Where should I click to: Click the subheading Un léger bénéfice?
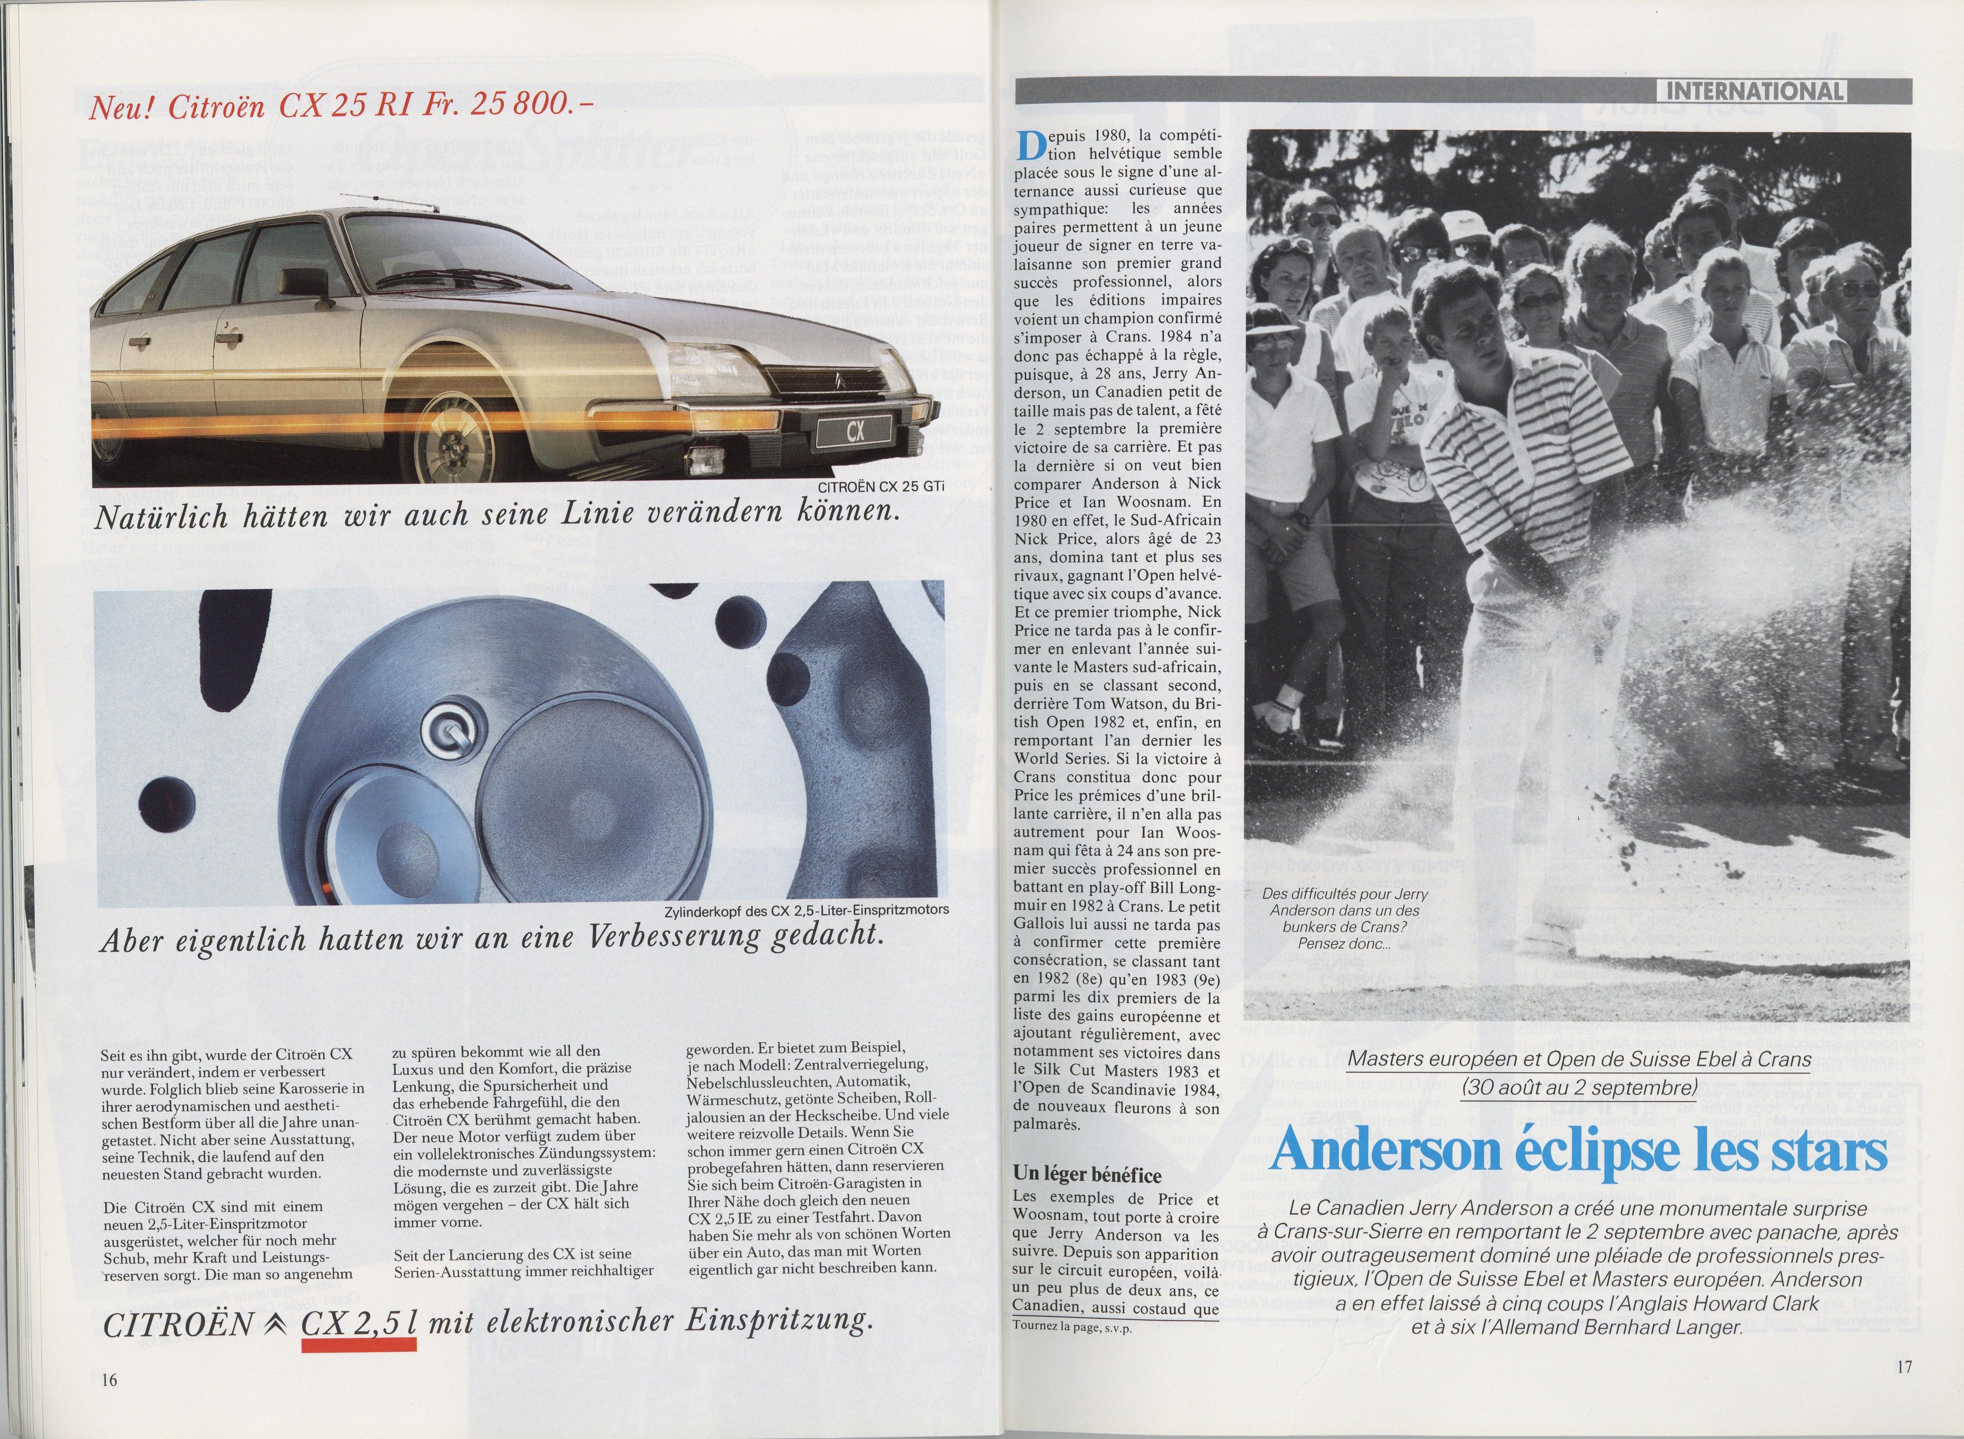coord(1087,1175)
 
